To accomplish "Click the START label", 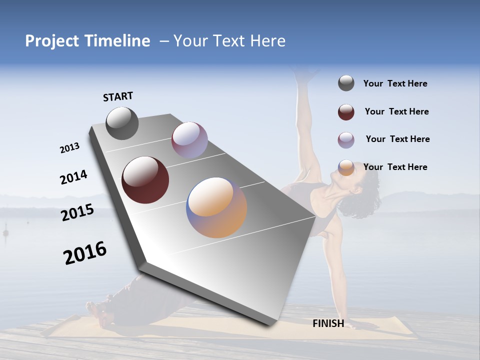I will pos(118,96).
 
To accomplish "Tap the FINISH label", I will pos(328,323).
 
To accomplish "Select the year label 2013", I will pos(69,148).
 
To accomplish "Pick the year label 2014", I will pos(73,177).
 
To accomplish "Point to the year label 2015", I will pos(77,212).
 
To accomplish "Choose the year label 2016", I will pos(85,253).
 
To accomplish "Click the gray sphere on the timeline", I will pos(122,123).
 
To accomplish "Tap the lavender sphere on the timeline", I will pos(189,140).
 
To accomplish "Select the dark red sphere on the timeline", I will pos(145,179).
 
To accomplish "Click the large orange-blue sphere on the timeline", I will pos(216,207).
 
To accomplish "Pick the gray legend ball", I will pos(346,83).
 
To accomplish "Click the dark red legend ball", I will pos(346,112).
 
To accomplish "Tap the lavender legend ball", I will pos(346,140).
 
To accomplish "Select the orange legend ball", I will pos(346,167).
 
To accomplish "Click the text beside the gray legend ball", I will pos(395,83).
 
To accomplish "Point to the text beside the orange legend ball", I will pos(395,167).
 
